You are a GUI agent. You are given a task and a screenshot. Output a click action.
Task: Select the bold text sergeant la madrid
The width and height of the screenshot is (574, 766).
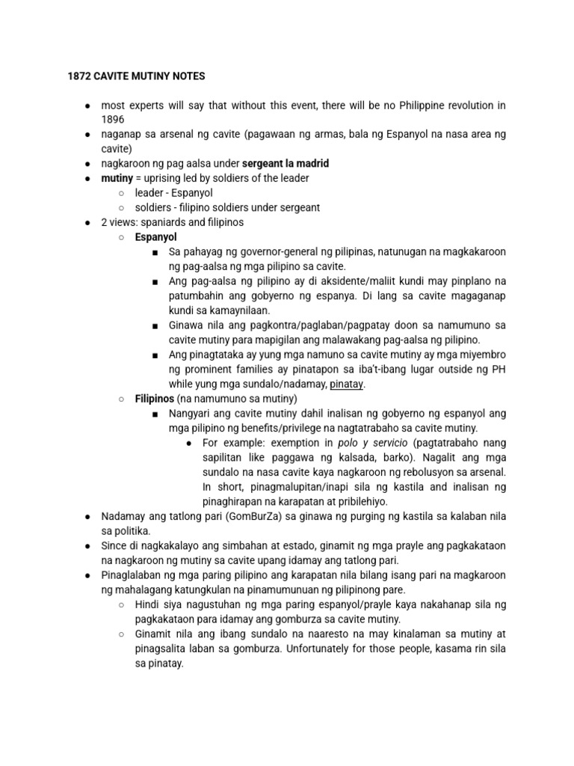pyautogui.click(x=286, y=163)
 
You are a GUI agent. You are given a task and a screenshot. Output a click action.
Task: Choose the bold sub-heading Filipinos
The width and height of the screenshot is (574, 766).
pyautogui.click(x=154, y=399)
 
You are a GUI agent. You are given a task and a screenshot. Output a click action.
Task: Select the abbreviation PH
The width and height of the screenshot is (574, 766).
pyautogui.click(x=498, y=370)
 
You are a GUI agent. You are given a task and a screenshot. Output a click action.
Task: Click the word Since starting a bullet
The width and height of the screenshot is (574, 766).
pyautogui.click(x=114, y=546)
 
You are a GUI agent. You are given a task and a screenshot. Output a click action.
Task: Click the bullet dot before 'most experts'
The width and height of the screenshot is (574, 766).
pyautogui.click(x=88, y=105)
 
